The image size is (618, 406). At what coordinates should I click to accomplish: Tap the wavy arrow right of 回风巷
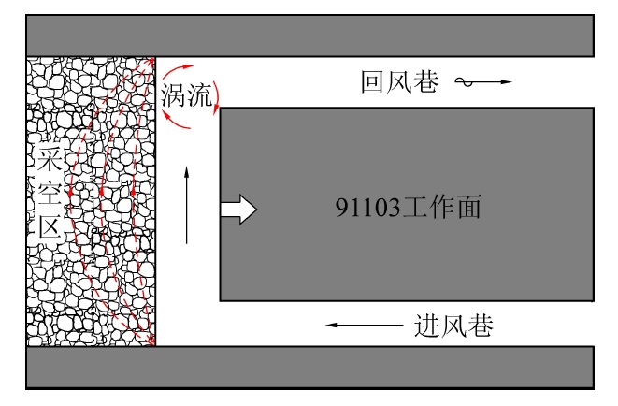click(483, 83)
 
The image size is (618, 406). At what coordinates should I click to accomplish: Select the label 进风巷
click(453, 326)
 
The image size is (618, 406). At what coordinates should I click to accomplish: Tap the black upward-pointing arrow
click(188, 205)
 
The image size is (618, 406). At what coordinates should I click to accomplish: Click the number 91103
click(366, 208)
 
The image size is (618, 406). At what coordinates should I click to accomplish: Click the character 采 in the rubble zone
click(48, 158)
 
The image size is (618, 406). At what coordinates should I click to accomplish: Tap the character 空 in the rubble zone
click(48, 192)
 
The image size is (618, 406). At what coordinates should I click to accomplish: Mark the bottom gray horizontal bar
click(309, 368)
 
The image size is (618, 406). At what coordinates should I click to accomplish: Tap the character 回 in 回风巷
click(374, 82)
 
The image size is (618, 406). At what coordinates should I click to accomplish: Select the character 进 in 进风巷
click(425, 326)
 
